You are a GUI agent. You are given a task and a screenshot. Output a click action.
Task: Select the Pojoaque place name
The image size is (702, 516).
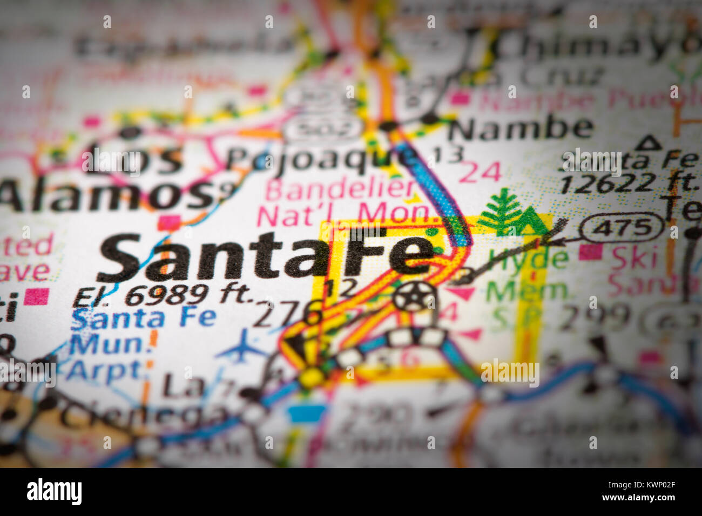click(319, 158)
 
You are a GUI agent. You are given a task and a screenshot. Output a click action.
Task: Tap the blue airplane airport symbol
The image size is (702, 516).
click(241, 346)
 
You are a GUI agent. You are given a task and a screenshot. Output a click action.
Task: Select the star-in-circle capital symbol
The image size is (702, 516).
click(414, 296)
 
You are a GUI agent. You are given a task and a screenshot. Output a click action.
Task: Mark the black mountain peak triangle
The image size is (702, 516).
click(649, 143)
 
